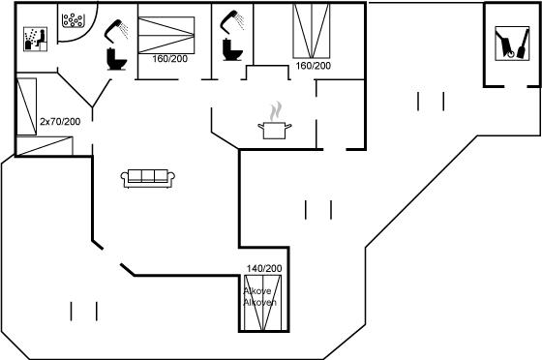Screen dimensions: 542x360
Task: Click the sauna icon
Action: (35, 39)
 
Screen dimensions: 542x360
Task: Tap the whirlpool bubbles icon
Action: (73, 20)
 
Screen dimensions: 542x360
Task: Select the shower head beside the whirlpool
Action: (116, 30)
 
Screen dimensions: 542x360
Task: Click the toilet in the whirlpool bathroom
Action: (117, 59)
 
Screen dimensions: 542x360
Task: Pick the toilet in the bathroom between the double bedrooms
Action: (232, 49)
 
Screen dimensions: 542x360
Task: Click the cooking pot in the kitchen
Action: (275, 131)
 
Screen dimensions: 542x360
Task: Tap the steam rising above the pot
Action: (276, 111)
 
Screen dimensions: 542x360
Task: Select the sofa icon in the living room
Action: (147, 178)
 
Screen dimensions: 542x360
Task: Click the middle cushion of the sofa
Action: (147, 176)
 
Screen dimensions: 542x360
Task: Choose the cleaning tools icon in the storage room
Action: (512, 44)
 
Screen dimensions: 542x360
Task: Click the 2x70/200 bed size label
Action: (60, 122)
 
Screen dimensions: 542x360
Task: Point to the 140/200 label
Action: (264, 268)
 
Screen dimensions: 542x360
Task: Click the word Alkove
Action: (257, 291)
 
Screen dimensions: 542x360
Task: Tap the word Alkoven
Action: (260, 302)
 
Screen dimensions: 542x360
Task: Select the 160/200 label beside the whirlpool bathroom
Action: (170, 59)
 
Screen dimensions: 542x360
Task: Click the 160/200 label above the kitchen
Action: (314, 66)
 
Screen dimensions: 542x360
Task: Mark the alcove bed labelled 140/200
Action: (262, 303)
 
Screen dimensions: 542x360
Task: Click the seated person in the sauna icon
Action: (41, 38)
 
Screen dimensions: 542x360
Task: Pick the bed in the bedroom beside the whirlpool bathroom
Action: (166, 35)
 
